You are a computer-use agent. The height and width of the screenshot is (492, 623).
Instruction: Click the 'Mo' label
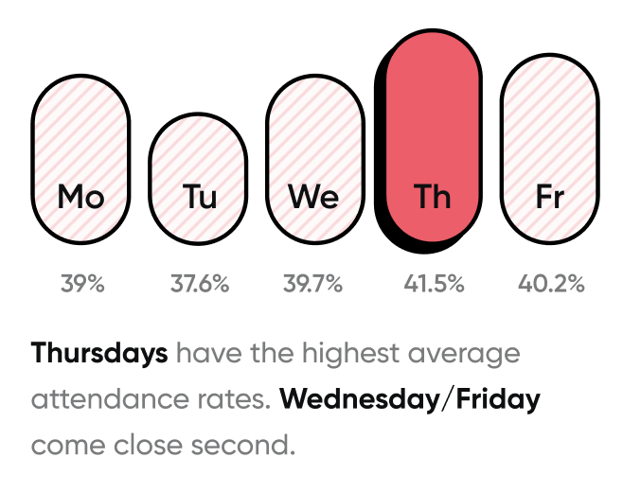(x=80, y=197)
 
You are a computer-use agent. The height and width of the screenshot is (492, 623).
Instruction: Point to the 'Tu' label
(x=199, y=197)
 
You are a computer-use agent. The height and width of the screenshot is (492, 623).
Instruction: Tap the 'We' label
(x=314, y=197)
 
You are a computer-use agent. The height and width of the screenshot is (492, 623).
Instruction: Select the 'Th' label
(x=433, y=197)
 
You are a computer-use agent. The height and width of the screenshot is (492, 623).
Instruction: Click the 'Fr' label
(x=549, y=197)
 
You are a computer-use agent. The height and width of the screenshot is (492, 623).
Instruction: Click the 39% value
(x=82, y=283)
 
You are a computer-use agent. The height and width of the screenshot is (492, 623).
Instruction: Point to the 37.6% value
(x=199, y=283)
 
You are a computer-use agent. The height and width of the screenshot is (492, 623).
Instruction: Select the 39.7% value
(x=313, y=283)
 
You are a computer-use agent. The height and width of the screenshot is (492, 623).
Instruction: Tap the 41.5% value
(x=433, y=283)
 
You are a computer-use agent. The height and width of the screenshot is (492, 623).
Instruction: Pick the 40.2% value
(x=551, y=283)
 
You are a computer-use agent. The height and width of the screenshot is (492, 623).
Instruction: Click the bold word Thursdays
(x=99, y=354)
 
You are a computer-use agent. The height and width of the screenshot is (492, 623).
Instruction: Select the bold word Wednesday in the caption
(x=360, y=399)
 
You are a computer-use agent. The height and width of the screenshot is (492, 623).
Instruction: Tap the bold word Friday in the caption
(x=498, y=399)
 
